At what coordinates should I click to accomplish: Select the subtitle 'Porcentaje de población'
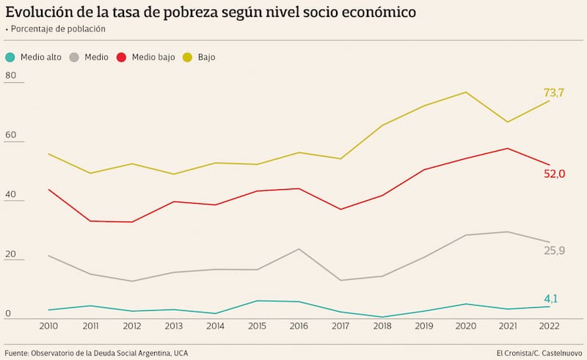pyautogui.click(x=58, y=29)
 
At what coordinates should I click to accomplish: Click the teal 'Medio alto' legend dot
pyautogui.click(x=10, y=57)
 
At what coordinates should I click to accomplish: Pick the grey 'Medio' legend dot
pyautogui.click(x=74, y=57)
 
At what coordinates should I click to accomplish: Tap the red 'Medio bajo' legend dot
pyautogui.click(x=122, y=57)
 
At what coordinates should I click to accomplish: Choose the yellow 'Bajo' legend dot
pyautogui.click(x=187, y=57)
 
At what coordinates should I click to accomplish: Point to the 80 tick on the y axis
pyautogui.click(x=10, y=76)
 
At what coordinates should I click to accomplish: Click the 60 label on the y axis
pyautogui.click(x=10, y=135)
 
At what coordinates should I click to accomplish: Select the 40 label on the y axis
pyautogui.click(x=10, y=194)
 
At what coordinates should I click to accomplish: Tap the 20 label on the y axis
pyautogui.click(x=10, y=253)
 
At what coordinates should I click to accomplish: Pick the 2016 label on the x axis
pyautogui.click(x=299, y=326)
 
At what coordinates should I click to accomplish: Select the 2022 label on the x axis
pyautogui.click(x=549, y=326)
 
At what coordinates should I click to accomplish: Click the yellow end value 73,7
pyautogui.click(x=554, y=92)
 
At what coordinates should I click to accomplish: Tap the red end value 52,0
pyautogui.click(x=555, y=174)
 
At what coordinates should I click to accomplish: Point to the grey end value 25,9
pyautogui.click(x=555, y=251)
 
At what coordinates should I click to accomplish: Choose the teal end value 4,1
pyautogui.click(x=551, y=298)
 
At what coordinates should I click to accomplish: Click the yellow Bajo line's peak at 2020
pyautogui.click(x=465, y=92)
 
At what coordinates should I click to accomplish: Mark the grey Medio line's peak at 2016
pyautogui.click(x=299, y=249)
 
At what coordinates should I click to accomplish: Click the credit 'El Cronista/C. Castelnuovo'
pyautogui.click(x=533, y=353)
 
